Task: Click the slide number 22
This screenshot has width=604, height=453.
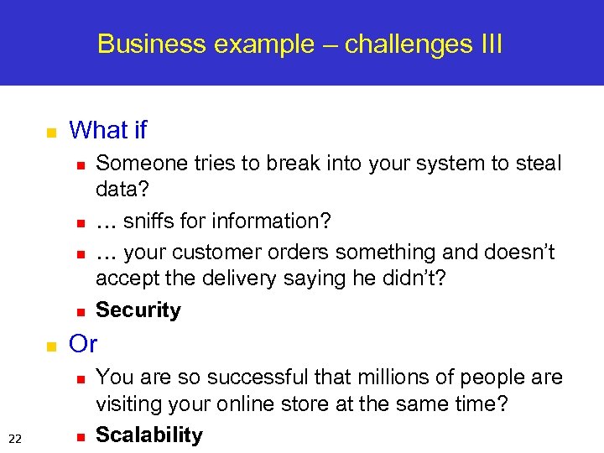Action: [x=15, y=436]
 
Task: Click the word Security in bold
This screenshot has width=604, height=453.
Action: [x=138, y=310]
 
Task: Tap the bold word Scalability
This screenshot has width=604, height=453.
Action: [x=149, y=435]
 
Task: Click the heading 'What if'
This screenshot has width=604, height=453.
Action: [x=107, y=130]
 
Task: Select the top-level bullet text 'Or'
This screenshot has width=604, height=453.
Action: [x=83, y=344]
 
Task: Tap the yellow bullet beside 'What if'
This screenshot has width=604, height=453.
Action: [x=50, y=133]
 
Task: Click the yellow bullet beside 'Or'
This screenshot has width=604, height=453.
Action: [x=50, y=346]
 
